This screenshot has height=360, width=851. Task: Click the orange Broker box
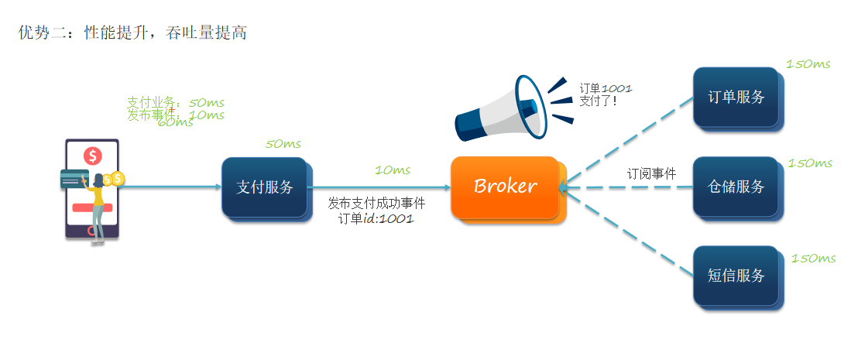point(505,187)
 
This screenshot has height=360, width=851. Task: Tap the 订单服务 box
point(736,97)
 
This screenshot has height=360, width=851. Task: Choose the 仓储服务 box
point(736,187)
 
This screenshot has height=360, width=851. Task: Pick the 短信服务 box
point(736,276)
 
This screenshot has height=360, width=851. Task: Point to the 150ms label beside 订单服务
point(808,64)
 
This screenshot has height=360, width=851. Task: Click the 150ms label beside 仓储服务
point(810,163)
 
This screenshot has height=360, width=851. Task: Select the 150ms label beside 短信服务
point(813,259)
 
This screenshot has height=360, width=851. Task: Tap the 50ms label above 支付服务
point(283,144)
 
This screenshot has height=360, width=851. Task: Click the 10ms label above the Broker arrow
point(393,170)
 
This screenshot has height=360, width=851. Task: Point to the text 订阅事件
point(651,174)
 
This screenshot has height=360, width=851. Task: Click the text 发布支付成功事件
point(376,204)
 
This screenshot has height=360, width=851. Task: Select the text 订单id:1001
point(376,219)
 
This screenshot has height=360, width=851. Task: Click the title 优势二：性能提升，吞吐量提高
point(132,33)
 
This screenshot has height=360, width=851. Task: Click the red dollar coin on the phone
point(93,156)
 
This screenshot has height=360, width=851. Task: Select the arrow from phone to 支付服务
point(170,187)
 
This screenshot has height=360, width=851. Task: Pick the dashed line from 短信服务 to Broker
point(627,230)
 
